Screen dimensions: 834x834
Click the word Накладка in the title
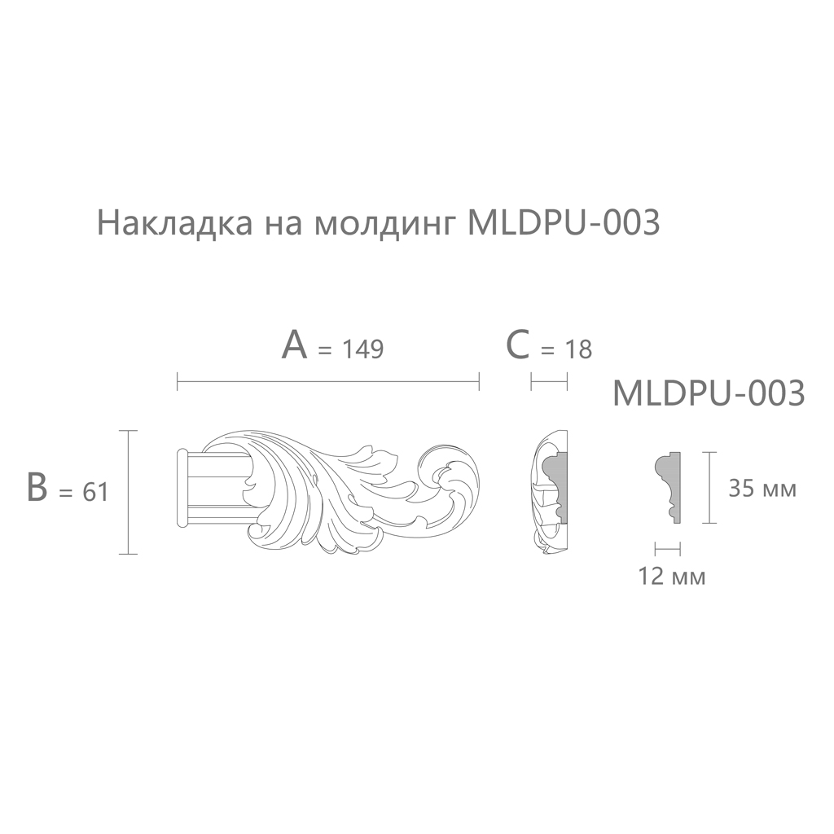174,223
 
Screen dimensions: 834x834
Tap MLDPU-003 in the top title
563,222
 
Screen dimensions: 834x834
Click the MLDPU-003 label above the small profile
709,393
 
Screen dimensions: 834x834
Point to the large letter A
295,345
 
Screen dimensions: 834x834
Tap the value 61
96,492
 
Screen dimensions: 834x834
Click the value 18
577,350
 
